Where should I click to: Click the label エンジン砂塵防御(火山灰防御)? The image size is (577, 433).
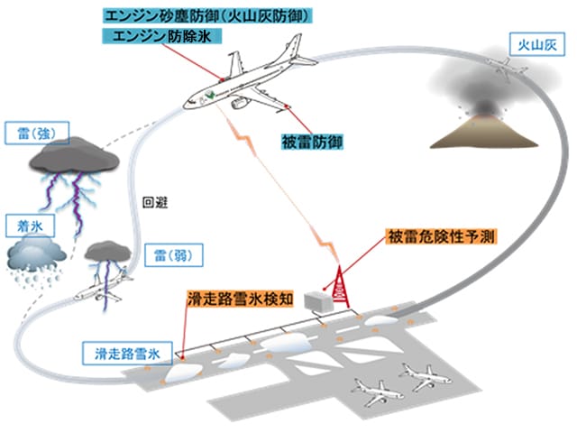coord(207,16)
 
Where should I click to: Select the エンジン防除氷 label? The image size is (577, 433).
coord(162,36)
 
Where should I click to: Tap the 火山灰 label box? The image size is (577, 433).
coord(537,44)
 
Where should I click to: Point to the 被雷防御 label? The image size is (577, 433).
coord(312,142)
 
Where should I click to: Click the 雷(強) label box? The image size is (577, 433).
coord(37,133)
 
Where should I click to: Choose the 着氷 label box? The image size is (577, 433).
coord(30,226)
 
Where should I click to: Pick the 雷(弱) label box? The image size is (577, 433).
coord(174,254)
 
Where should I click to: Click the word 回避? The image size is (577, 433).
coord(155,203)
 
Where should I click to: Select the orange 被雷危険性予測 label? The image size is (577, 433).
coord(441,236)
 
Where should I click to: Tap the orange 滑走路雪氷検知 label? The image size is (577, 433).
coord(241,299)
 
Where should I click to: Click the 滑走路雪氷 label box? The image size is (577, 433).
coord(127,354)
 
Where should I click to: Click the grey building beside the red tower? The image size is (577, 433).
coord(319,301)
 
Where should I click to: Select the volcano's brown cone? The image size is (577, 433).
coord(483,133)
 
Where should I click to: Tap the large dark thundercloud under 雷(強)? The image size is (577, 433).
coord(75,156)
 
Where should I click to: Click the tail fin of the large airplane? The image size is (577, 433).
coord(295,46)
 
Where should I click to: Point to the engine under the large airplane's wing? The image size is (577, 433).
coord(239,102)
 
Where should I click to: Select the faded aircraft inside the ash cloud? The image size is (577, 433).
coord(507,69)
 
